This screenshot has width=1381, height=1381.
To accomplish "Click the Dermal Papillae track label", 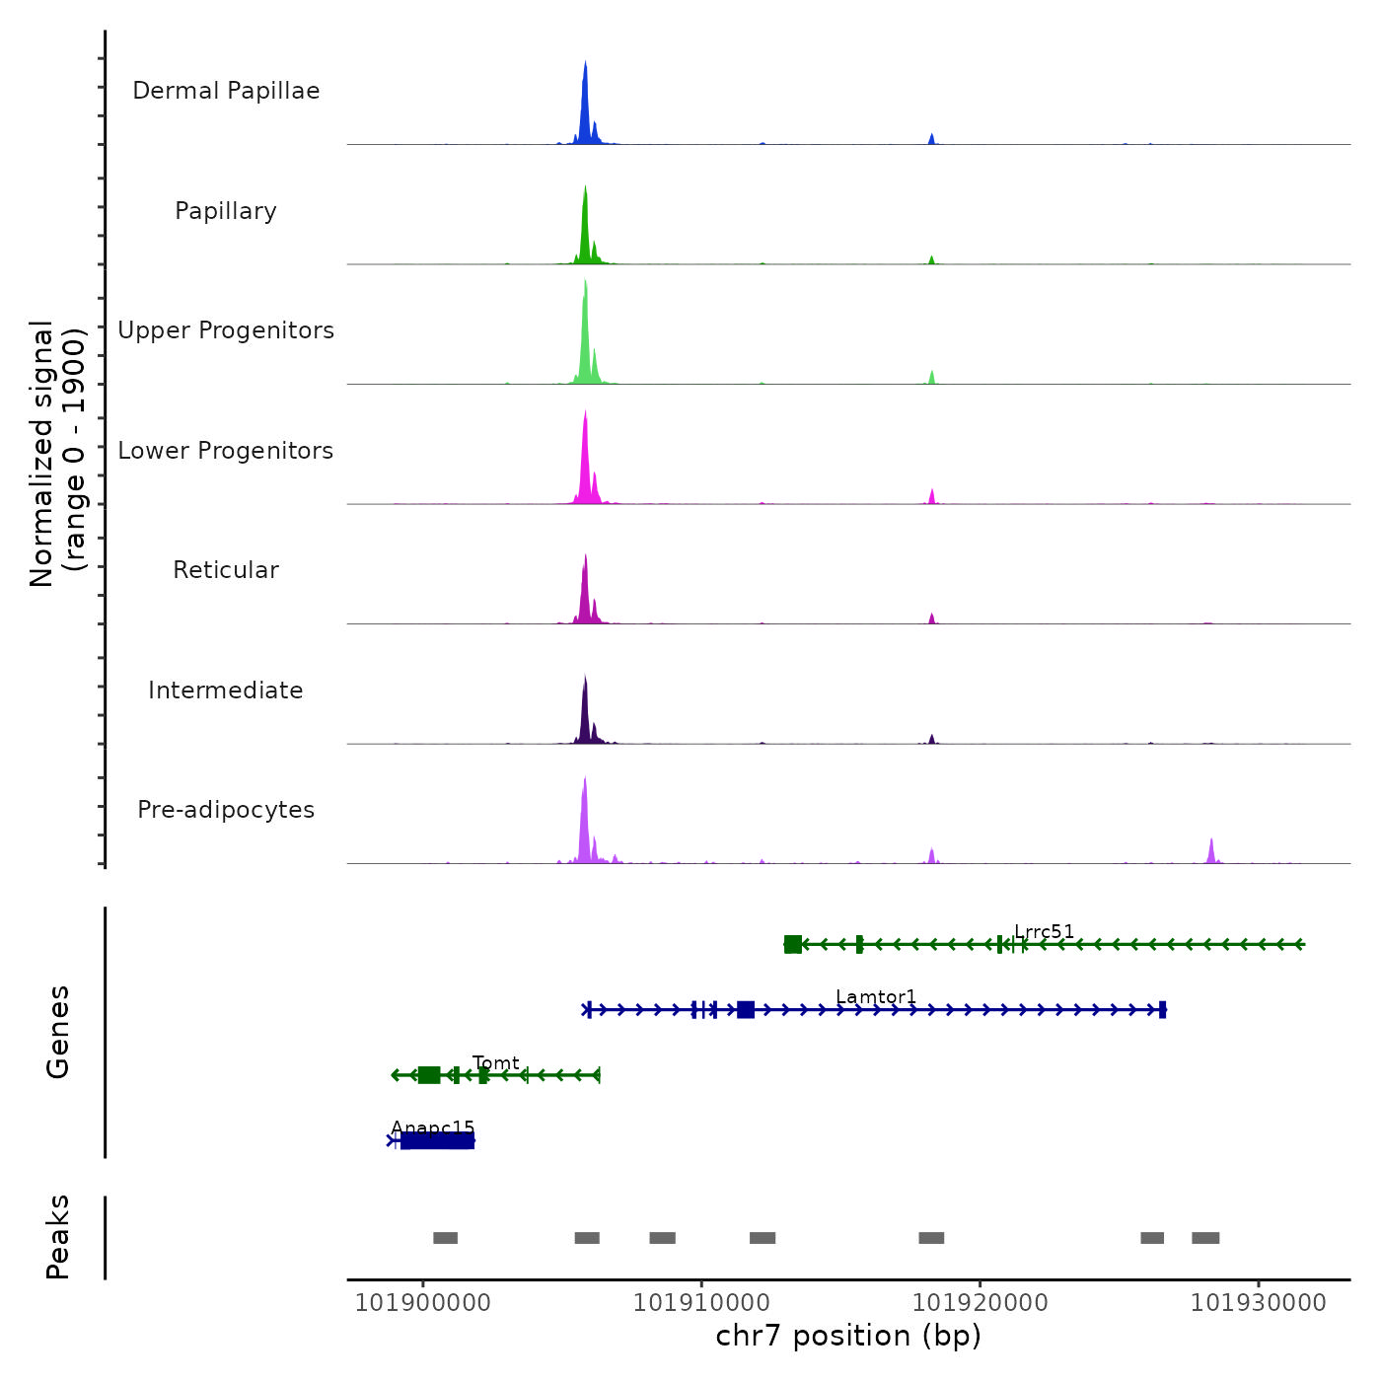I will [x=226, y=91].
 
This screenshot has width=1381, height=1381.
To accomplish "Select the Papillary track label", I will [x=226, y=211].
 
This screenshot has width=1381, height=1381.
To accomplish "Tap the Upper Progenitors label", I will [x=226, y=330].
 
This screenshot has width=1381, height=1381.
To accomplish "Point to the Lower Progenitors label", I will [x=226, y=451].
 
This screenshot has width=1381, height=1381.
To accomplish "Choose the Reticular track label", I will [x=226, y=570].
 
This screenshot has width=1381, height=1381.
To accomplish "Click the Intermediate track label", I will [x=226, y=690].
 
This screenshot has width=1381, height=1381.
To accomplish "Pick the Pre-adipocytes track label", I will [x=226, y=810].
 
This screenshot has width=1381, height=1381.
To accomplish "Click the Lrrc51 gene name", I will [x=1044, y=931].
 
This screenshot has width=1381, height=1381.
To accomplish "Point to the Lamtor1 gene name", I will [x=876, y=996].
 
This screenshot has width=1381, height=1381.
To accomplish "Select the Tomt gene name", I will [x=495, y=1062].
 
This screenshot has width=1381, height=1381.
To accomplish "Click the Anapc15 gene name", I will [x=433, y=1127].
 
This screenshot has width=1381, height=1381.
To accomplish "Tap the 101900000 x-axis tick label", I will [x=422, y=1303].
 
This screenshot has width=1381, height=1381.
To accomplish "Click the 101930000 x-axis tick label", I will [x=1258, y=1303].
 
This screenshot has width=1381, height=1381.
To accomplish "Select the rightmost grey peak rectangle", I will [x=1205, y=1238].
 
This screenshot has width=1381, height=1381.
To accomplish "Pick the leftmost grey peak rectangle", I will [x=445, y=1238].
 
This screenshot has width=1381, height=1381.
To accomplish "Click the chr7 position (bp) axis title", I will [x=848, y=1336].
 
